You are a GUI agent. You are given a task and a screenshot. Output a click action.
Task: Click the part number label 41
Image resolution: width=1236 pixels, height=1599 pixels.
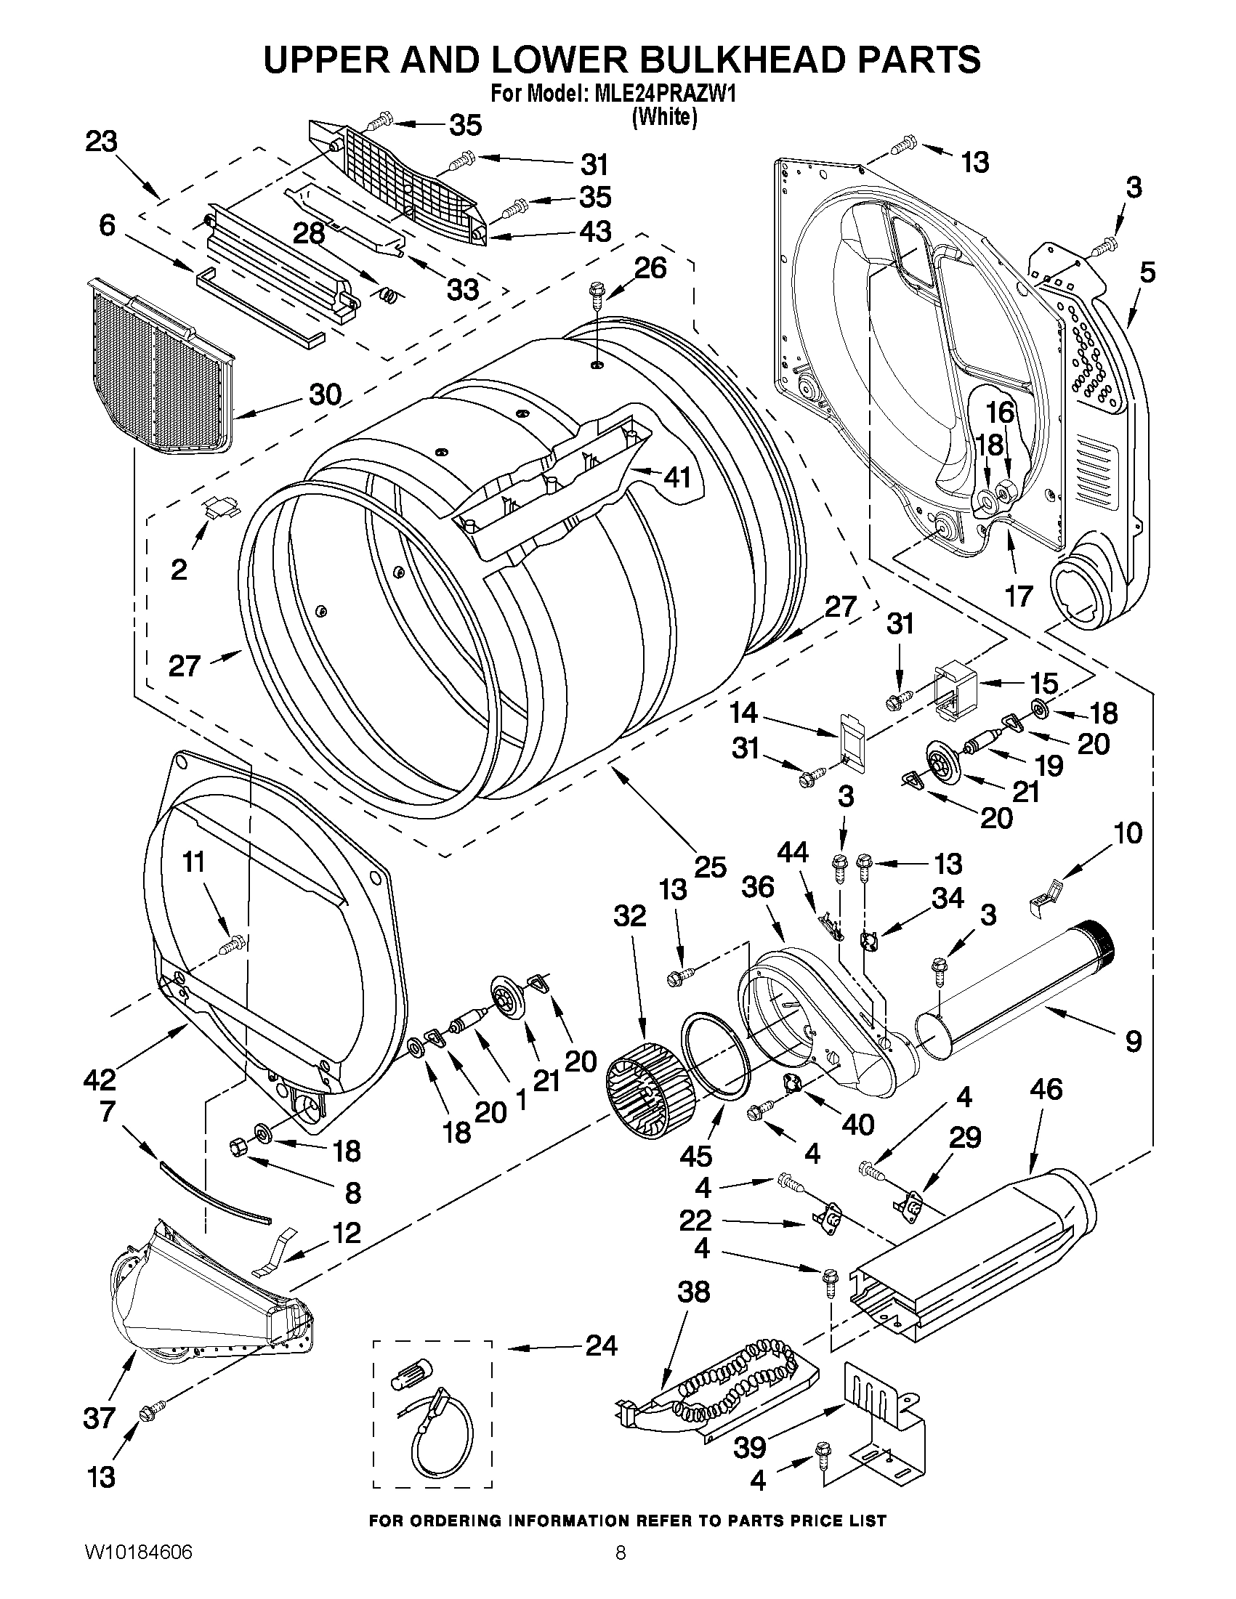click(676, 477)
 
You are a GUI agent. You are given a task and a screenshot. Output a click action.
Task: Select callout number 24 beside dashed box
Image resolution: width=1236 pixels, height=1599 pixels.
click(600, 1345)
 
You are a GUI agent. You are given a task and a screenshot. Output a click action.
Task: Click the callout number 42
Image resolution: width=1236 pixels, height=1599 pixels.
click(100, 1079)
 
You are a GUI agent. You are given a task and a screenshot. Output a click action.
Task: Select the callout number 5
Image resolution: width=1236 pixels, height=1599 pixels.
click(1147, 272)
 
